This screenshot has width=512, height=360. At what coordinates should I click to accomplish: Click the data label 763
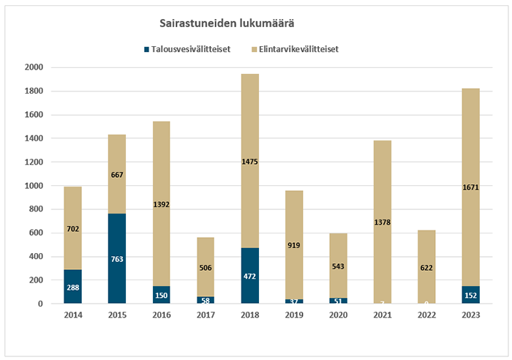click(x=117, y=258)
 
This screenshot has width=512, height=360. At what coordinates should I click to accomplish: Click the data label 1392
click(x=161, y=204)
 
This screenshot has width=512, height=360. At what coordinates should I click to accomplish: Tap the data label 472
click(x=249, y=276)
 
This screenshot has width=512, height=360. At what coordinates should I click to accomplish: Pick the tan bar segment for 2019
click(x=293, y=220)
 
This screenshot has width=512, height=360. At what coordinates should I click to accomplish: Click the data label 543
click(x=339, y=266)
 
